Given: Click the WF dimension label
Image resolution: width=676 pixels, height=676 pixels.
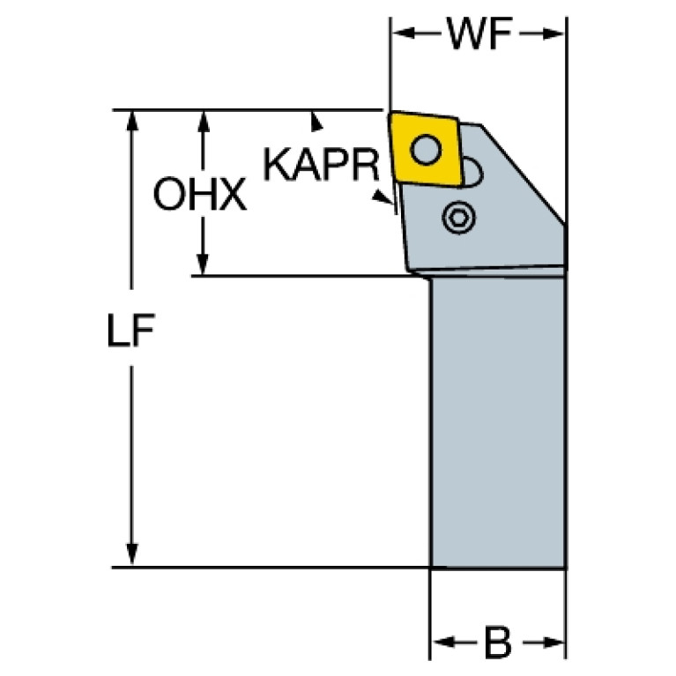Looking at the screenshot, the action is point(479,33).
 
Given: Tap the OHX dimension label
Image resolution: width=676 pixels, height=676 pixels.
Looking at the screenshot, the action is point(199,194).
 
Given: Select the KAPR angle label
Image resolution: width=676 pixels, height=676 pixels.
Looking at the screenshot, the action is point(321,164).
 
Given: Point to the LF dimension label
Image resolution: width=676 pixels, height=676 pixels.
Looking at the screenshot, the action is point(130,330).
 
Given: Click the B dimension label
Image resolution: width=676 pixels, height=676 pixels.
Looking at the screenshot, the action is point(498,642).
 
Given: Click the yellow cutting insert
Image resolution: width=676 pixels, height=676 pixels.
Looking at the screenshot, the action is point(425,149).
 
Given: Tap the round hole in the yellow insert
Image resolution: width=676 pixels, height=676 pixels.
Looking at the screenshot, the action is point(426,150).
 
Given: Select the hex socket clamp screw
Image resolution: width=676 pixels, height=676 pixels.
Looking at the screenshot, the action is point(458,218).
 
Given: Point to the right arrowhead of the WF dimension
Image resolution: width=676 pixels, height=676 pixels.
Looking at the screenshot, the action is point(553,33).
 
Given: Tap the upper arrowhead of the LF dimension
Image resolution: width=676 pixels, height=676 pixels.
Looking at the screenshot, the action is point(132,121).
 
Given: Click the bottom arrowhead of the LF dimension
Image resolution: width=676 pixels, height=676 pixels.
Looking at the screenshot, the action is point(132,554).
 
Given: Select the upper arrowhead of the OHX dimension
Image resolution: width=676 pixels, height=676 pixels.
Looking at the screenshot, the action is point(204,121).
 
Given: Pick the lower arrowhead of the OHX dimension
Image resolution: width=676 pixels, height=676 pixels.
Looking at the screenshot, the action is point(203,264).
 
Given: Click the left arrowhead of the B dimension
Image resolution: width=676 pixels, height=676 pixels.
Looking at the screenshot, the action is point(444,642).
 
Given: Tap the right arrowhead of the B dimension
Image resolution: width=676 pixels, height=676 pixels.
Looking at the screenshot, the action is point(553,642).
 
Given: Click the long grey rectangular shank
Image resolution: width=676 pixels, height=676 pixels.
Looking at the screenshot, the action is point(498,422).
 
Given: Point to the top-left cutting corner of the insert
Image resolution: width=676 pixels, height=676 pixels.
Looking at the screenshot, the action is point(390,113).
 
